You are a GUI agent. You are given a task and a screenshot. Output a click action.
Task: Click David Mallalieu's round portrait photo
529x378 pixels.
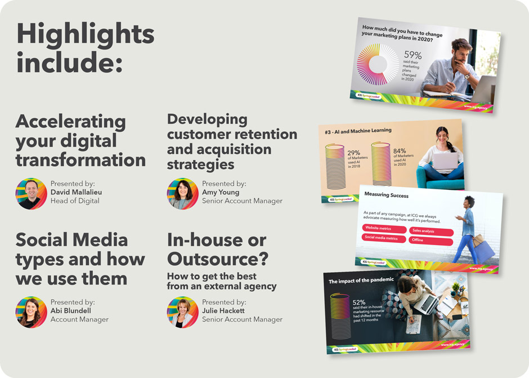click(31, 194)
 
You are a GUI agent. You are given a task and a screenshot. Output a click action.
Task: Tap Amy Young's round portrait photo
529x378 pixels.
click(182, 194)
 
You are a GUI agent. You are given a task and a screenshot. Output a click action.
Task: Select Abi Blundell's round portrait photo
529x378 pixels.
click(31, 312)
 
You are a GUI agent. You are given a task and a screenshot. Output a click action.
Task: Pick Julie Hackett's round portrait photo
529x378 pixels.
click(182, 312)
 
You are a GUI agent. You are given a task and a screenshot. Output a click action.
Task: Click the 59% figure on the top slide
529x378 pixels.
click(413, 55)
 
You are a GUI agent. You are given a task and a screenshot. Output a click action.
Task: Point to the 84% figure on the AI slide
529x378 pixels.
click(400, 150)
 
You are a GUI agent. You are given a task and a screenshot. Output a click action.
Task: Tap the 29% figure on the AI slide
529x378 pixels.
click(353, 153)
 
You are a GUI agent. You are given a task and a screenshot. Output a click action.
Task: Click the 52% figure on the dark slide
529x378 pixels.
click(359, 303)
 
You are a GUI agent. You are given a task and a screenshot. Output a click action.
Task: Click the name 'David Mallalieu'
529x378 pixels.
click(76, 192)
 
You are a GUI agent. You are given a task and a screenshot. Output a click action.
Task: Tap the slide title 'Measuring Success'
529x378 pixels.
click(386, 195)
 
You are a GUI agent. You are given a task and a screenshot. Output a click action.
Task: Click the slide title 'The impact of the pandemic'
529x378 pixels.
click(361, 281)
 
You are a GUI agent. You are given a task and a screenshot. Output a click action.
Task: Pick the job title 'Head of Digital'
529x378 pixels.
click(75, 201)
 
